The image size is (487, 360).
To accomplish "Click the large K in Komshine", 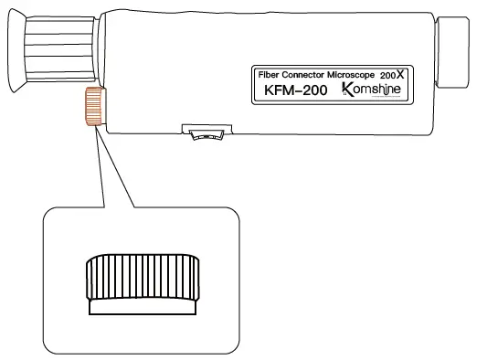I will [x=346, y=89].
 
